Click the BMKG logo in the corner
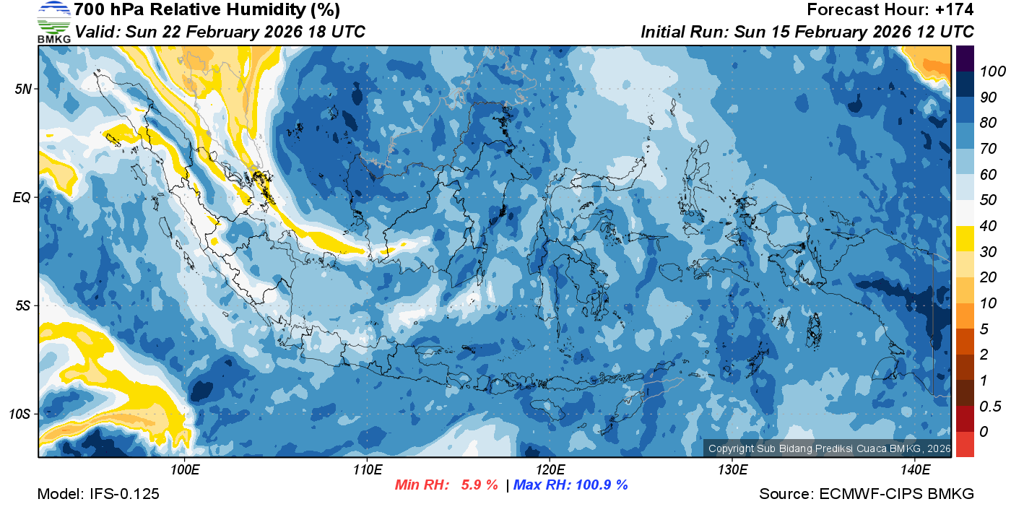click(53, 22)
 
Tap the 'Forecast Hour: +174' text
click(890, 10)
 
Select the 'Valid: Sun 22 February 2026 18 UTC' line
click(220, 32)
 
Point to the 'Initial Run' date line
click(807, 32)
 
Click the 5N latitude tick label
click(24, 89)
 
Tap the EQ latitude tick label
click(24, 197)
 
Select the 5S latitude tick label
click(24, 305)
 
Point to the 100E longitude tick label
click(185, 470)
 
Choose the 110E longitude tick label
click(367, 470)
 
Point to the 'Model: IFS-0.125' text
click(97, 494)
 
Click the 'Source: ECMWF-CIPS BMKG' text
click(867, 494)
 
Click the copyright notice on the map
click(829, 448)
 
